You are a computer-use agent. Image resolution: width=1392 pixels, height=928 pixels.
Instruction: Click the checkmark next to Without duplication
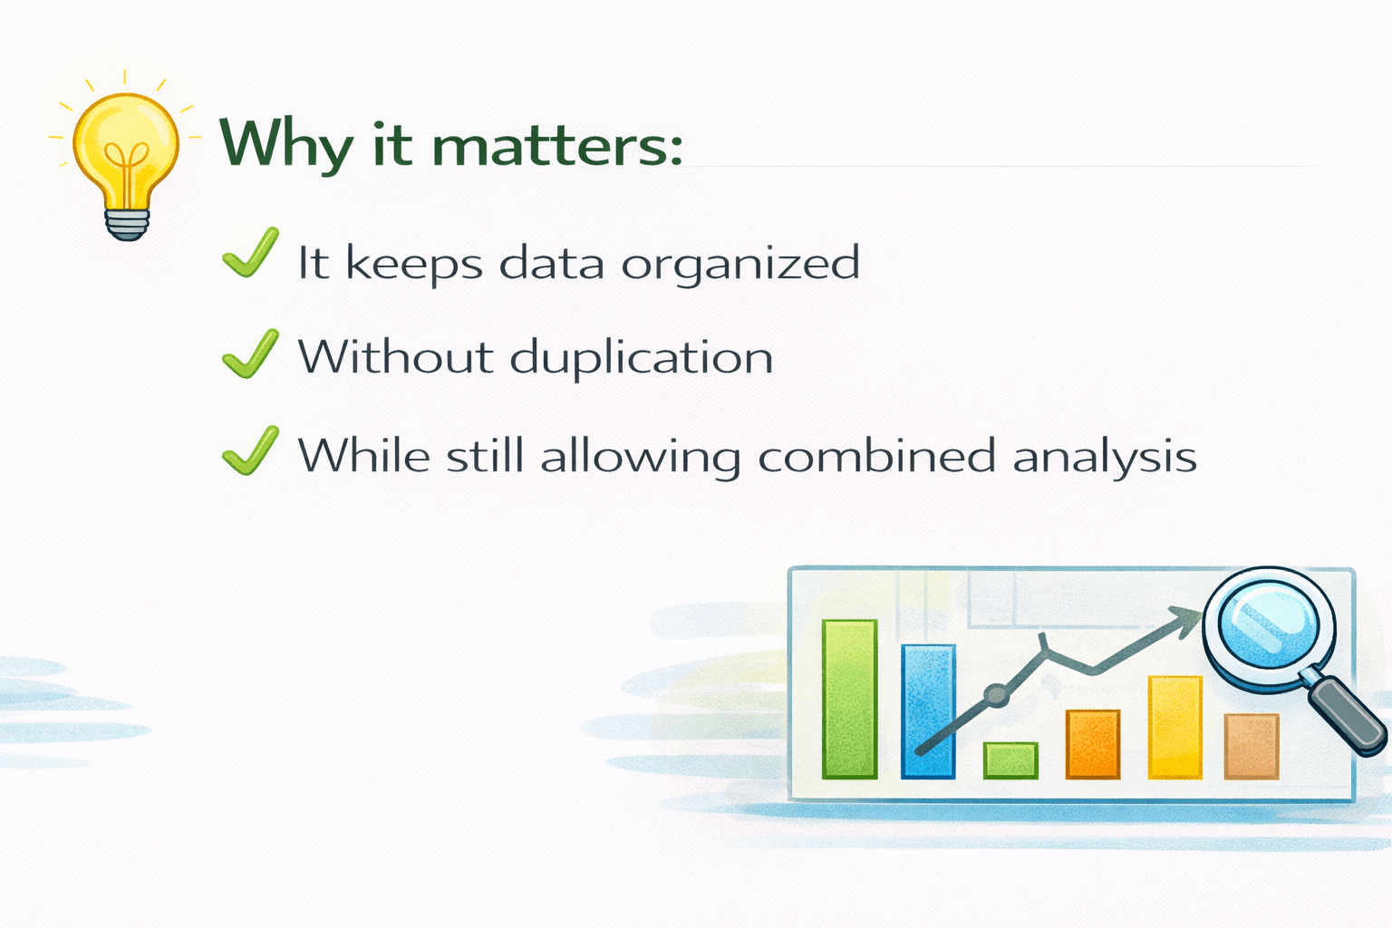250,353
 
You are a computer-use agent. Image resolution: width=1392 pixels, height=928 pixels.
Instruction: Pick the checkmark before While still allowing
250,450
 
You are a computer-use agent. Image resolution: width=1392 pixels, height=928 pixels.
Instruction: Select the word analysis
1105,458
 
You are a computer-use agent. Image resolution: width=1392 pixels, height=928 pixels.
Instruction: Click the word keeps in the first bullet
414,264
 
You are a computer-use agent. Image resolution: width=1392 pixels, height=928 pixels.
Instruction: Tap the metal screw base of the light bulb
128,224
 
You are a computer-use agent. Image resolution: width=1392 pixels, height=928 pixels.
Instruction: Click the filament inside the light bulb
127,167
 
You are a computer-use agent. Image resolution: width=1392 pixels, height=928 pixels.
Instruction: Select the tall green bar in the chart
849,700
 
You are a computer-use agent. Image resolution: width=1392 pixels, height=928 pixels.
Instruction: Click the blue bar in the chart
928,711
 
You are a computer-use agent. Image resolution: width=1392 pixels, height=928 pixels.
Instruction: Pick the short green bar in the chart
1010,760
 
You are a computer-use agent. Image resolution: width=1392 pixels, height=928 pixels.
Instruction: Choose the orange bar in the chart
1092,744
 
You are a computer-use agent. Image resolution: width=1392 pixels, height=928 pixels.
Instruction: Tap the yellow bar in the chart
1175,727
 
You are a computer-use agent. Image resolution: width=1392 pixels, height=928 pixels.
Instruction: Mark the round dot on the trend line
997,694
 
